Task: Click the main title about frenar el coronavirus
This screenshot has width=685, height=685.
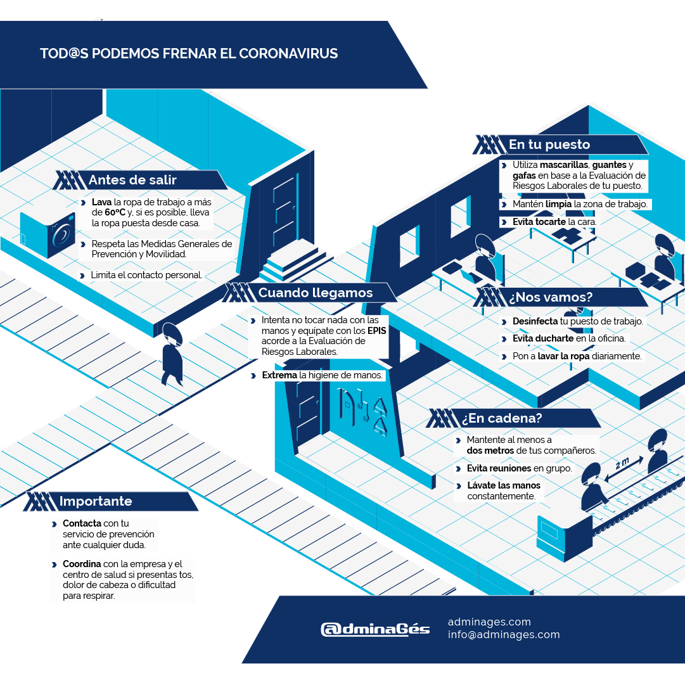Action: click(189, 53)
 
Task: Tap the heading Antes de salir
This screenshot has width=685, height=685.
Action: click(132, 180)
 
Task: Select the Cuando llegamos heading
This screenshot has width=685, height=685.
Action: click(315, 293)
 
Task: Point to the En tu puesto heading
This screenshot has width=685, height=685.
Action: click(549, 144)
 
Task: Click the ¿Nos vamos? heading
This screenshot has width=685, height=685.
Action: click(551, 297)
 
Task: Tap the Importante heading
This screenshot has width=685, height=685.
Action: click(96, 501)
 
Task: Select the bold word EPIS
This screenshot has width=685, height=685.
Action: click(377, 331)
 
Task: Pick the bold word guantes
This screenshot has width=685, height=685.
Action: click(608, 165)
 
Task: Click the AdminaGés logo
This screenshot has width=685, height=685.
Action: click(375, 629)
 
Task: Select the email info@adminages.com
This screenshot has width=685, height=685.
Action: click(504, 634)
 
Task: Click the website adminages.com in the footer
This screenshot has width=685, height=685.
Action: click(489, 622)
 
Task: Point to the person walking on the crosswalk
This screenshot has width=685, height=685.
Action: click(171, 355)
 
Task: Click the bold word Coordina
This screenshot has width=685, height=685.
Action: click(81, 564)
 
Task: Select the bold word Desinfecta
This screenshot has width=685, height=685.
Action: click(535, 321)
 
